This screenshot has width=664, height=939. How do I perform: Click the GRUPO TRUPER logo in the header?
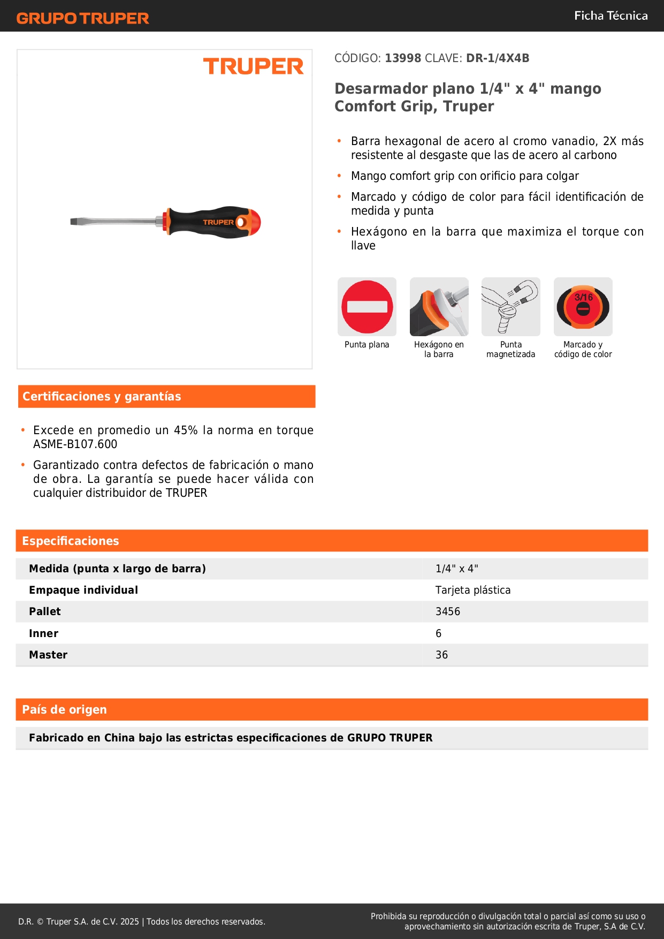click(82, 18)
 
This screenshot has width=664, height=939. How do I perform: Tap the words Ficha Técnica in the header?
click(610, 16)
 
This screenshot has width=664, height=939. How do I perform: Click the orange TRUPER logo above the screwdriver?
click(253, 66)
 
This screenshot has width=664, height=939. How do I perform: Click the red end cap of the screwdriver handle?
click(255, 222)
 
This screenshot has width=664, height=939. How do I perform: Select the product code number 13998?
click(403, 58)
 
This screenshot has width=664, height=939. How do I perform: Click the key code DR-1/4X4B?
click(498, 58)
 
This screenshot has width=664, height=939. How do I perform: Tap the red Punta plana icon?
click(367, 307)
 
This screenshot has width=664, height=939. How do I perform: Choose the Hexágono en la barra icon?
click(439, 307)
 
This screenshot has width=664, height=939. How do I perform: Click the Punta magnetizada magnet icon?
click(511, 307)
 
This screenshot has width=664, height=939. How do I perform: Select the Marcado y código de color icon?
click(583, 307)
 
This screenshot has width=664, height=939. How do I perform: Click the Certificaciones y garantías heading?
click(102, 397)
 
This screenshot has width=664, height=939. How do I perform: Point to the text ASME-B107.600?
click(75, 444)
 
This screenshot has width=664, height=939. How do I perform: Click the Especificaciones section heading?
click(71, 541)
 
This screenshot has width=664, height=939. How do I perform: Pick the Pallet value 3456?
click(448, 612)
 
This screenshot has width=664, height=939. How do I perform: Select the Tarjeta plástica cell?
click(473, 590)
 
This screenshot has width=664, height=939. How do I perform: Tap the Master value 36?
click(441, 655)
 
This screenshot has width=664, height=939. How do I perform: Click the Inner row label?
click(44, 634)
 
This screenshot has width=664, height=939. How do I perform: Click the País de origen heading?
click(64, 710)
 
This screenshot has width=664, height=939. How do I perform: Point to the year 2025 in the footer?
click(129, 922)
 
